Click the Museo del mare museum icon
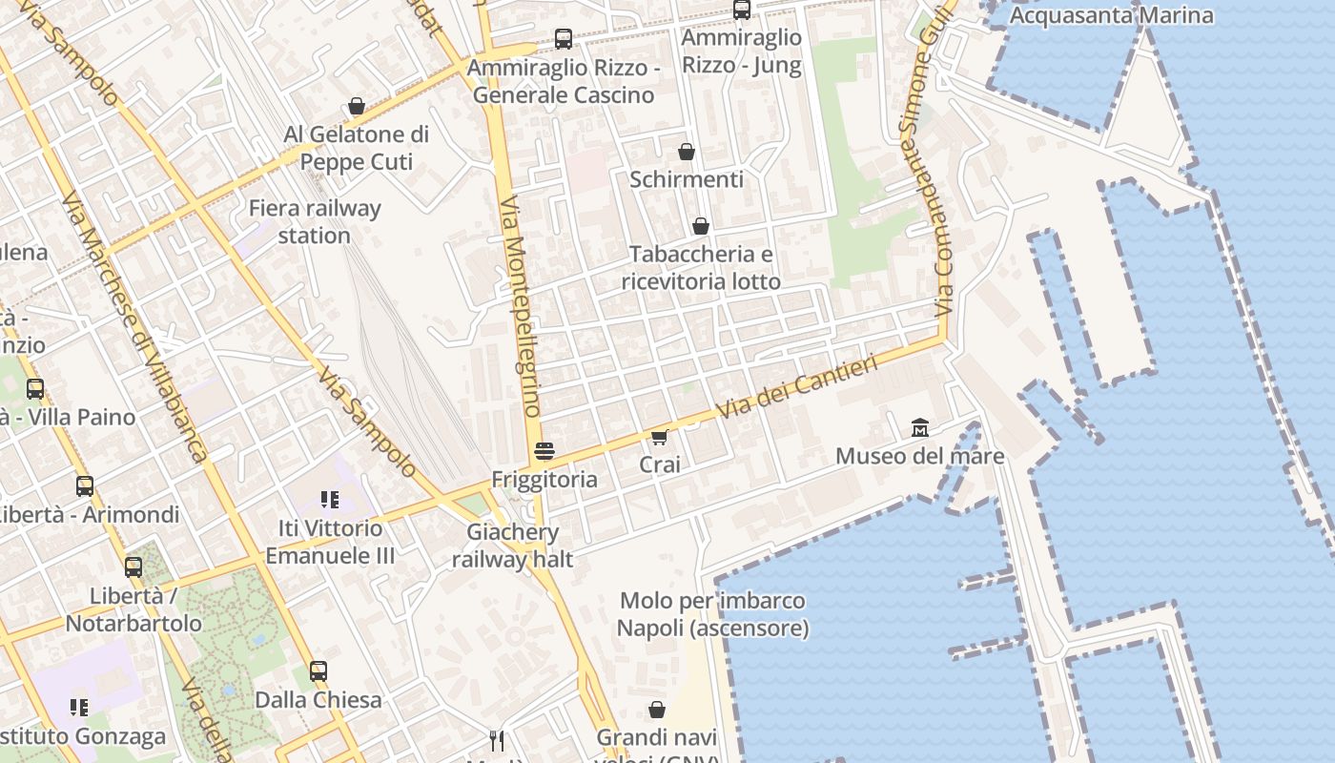point(920,427)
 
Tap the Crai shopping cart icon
point(659,437)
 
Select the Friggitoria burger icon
point(544,451)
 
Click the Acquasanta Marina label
point(1111,15)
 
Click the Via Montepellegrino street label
point(520,305)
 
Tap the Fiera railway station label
point(315,221)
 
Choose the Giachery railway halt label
point(513,546)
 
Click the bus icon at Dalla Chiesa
point(318,671)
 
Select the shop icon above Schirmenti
point(687,152)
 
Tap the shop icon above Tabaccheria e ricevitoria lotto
point(701,226)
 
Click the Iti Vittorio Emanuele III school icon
point(330,499)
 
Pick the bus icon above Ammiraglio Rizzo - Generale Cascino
point(564,39)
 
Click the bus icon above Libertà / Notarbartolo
point(133,567)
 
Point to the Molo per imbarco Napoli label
point(712,614)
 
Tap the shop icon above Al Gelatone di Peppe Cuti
point(357,106)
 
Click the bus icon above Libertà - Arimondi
point(85,486)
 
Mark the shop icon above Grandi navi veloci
point(657,710)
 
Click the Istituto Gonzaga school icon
point(79,708)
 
